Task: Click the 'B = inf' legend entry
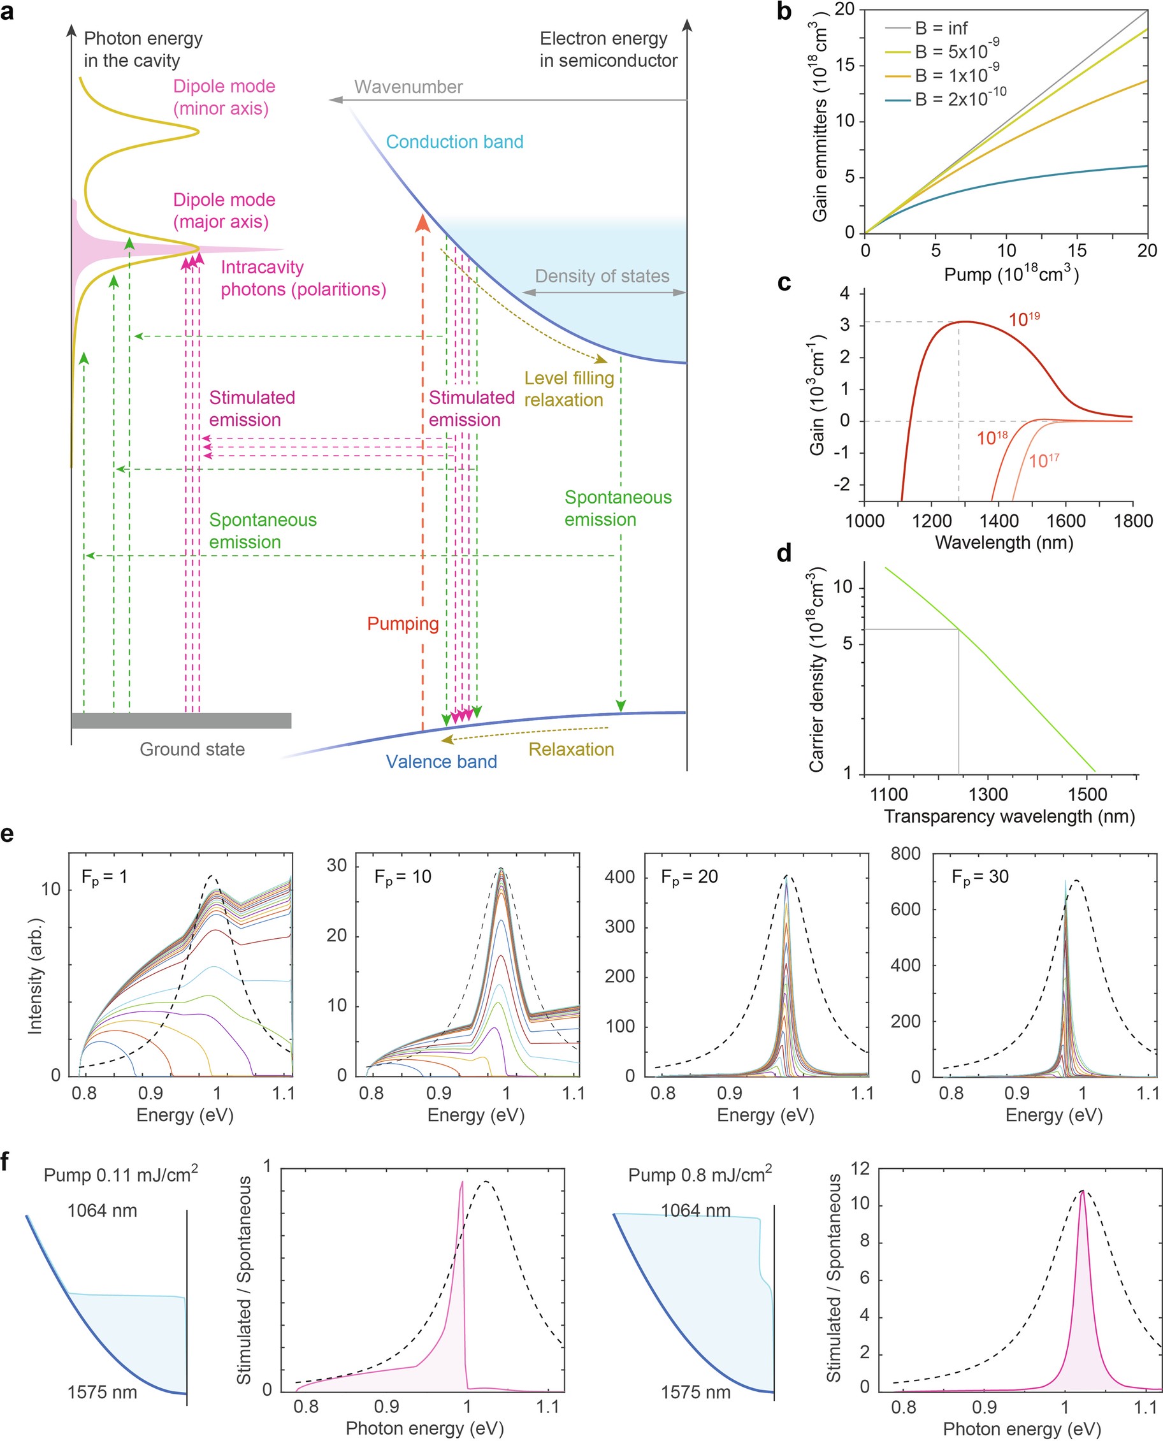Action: (x=941, y=28)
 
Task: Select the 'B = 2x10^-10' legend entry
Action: (x=959, y=99)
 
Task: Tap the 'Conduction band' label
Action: (x=454, y=142)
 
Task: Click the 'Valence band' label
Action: (x=441, y=762)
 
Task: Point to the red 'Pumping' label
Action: (x=403, y=624)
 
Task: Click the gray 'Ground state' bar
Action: (x=181, y=721)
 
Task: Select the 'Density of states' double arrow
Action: (x=603, y=293)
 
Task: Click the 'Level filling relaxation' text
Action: (x=569, y=389)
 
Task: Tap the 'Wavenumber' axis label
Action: (x=408, y=87)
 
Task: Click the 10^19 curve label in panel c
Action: (x=1023, y=319)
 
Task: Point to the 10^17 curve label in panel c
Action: (x=1043, y=460)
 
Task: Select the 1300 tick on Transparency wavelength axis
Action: (x=988, y=795)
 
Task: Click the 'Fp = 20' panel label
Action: (x=689, y=877)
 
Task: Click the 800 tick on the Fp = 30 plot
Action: (x=905, y=853)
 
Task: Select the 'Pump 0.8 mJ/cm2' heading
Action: (x=700, y=1175)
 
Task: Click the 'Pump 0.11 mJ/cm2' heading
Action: (x=120, y=1175)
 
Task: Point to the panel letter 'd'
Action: (x=784, y=553)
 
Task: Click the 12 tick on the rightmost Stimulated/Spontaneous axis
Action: (x=860, y=1169)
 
